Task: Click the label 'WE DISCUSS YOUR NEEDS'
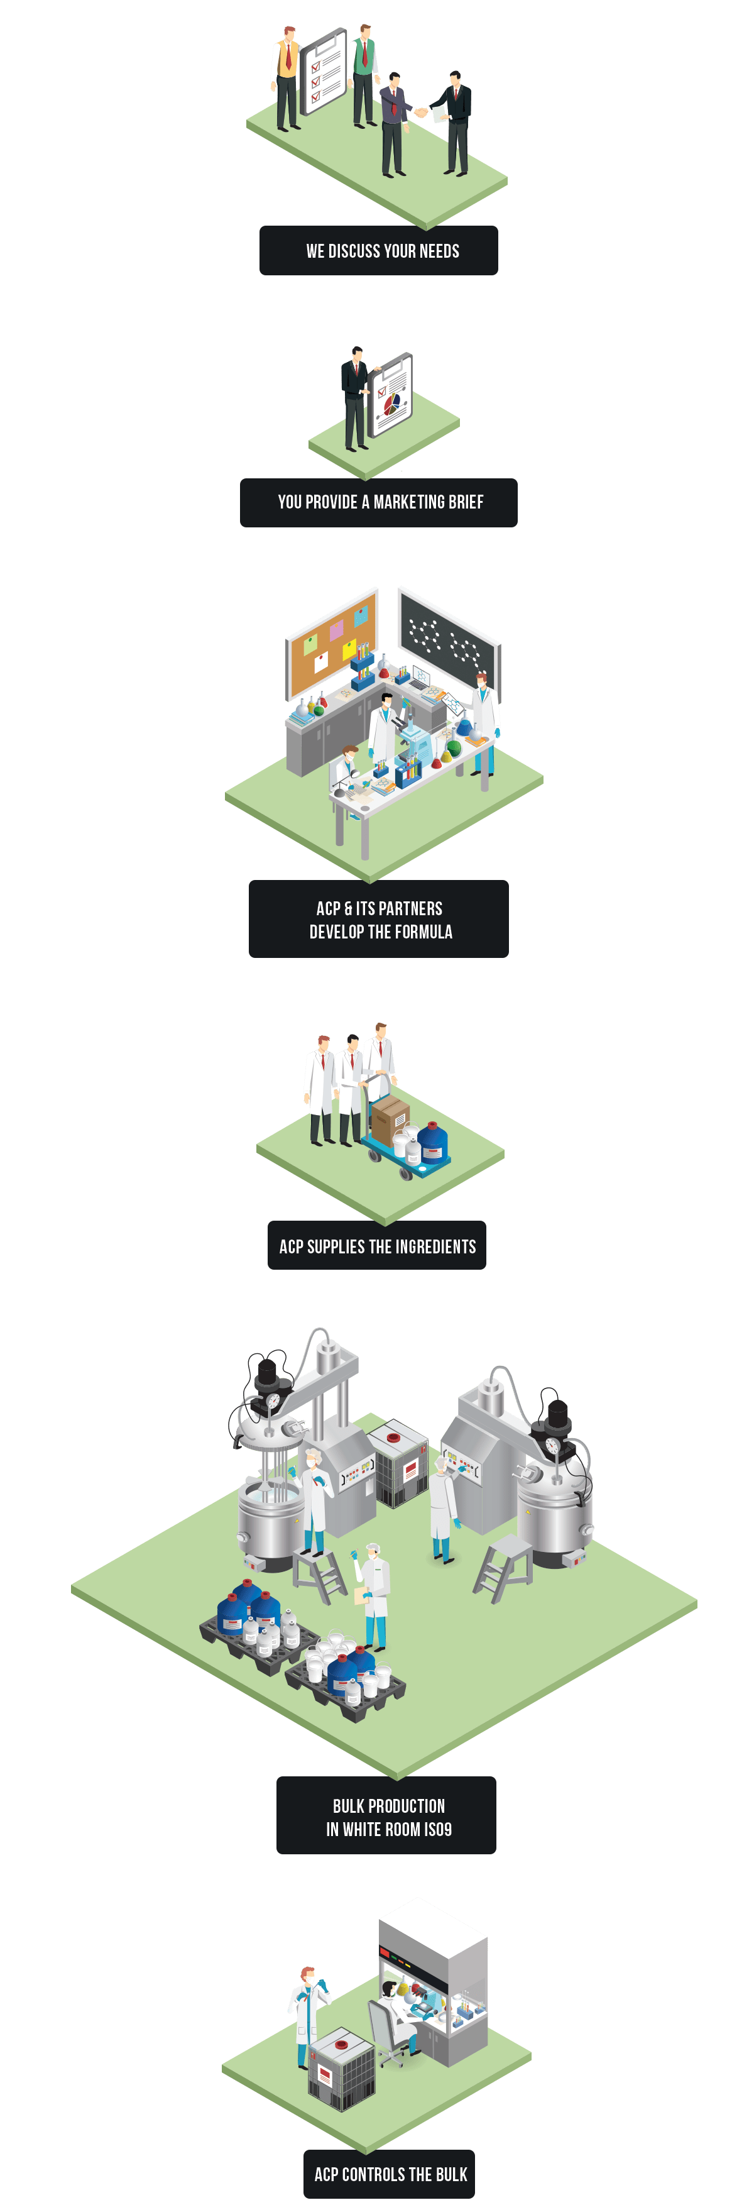tap(383, 251)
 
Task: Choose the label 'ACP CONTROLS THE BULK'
tap(390, 2174)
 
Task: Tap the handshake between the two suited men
tap(421, 112)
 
